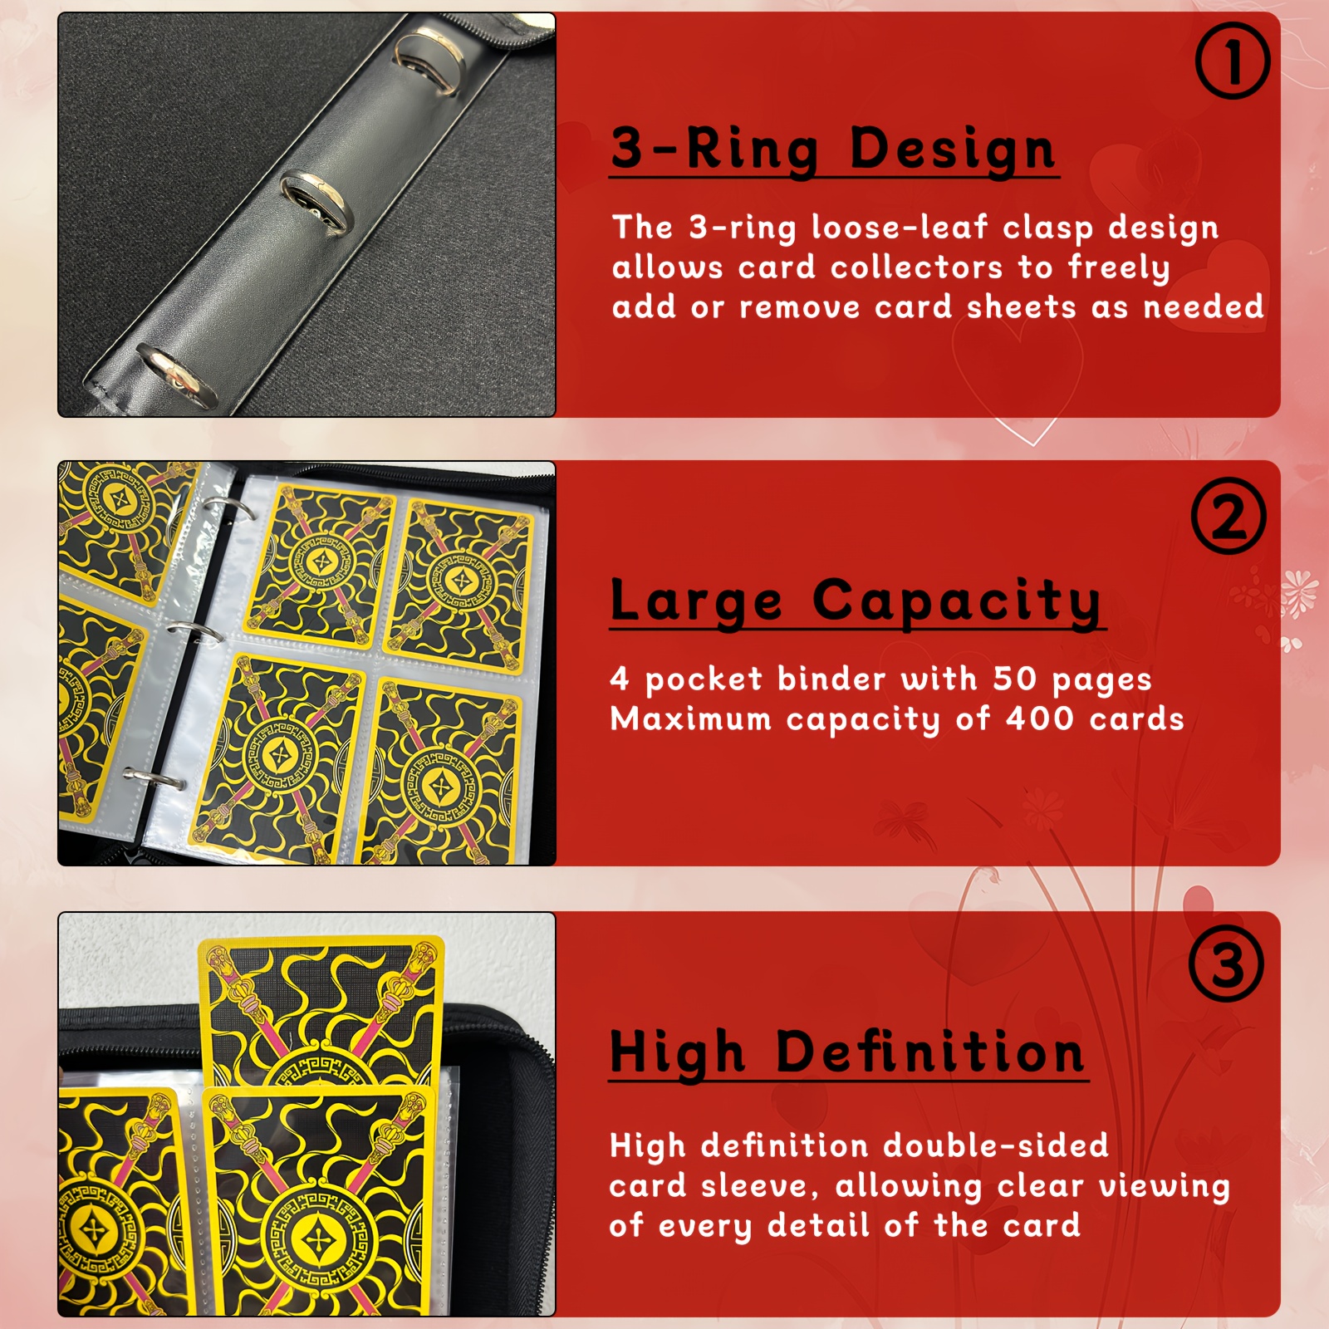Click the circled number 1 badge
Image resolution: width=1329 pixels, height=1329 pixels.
click(x=1233, y=61)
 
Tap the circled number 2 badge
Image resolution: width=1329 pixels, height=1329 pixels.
click(x=1228, y=516)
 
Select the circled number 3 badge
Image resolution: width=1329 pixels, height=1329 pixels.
click(x=1226, y=964)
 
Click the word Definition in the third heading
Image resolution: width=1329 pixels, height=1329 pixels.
click(x=930, y=1052)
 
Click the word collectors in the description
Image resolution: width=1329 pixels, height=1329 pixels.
click(x=916, y=267)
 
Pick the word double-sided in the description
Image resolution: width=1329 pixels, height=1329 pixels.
click(x=995, y=1146)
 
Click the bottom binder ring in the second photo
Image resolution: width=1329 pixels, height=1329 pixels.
click(x=156, y=778)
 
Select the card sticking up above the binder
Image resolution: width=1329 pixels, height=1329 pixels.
click(x=322, y=997)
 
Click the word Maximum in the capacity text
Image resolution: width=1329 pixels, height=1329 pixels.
click(x=691, y=718)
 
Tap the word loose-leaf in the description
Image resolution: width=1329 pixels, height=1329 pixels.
click(x=900, y=228)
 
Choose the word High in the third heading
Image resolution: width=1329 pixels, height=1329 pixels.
click(x=677, y=1052)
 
